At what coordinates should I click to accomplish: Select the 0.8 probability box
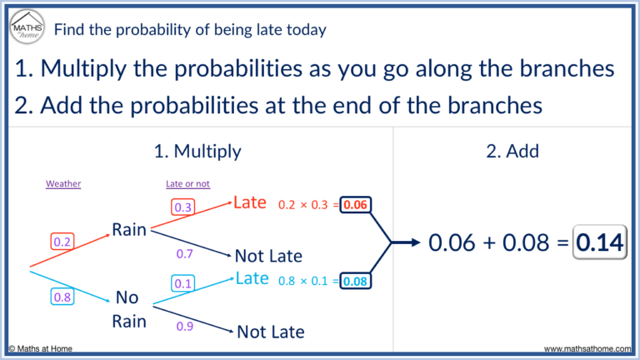tap(62, 297)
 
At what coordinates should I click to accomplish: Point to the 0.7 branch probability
tap(186, 252)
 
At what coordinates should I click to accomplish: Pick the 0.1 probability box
tap(183, 284)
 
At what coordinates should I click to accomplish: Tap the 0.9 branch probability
tap(185, 327)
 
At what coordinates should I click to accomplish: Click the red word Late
tap(250, 202)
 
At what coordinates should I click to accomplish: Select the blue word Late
tap(252, 278)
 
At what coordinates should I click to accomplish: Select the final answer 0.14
tap(599, 242)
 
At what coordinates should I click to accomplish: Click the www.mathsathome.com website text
tap(587, 349)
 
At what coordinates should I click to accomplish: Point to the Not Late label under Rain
tap(268, 256)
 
